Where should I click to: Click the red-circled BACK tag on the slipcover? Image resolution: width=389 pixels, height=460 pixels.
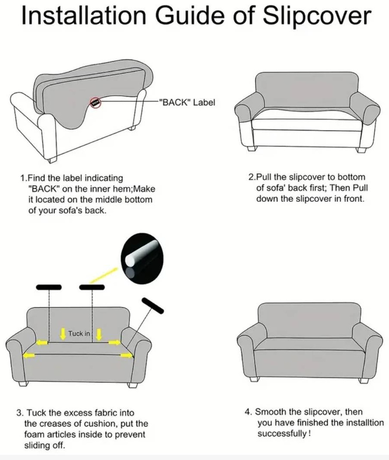tap(96, 103)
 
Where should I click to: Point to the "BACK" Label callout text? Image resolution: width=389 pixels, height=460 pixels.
tap(187, 102)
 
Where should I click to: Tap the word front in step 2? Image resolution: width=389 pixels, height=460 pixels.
tap(354, 199)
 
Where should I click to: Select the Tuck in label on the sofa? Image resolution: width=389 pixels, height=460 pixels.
tap(79, 334)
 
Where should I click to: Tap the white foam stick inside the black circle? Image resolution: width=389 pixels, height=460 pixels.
tap(142, 252)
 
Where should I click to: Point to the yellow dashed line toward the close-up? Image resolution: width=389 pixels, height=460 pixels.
tap(103, 275)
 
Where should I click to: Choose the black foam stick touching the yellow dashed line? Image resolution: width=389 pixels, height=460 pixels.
tap(92, 286)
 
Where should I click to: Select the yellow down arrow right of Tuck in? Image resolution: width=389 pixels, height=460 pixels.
tap(99, 334)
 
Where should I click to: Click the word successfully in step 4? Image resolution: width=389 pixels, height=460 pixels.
tap(282, 434)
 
